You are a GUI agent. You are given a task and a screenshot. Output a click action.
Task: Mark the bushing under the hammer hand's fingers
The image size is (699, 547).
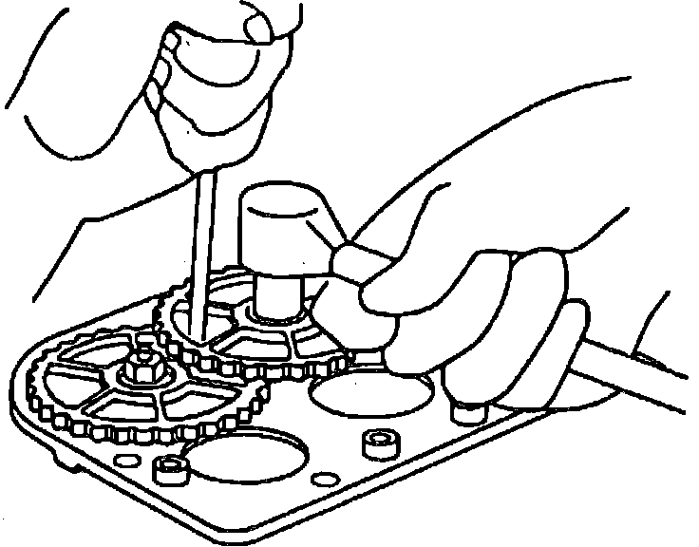tap(464, 410)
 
